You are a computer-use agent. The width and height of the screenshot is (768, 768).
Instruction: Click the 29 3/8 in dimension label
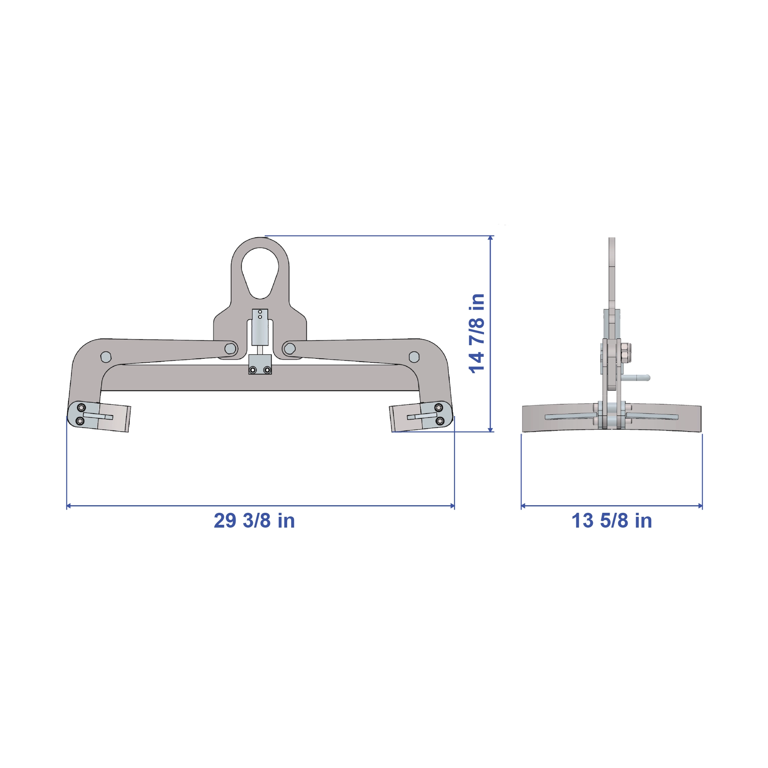(254, 521)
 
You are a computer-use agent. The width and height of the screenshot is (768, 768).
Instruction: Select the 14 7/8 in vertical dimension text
(477, 334)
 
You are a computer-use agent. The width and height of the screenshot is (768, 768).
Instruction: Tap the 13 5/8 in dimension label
(612, 521)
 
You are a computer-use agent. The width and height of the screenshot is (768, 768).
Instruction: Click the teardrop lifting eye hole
(260, 273)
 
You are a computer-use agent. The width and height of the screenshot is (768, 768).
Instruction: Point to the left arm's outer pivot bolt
(106, 357)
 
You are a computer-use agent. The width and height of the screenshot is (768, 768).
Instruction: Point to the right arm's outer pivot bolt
(414, 357)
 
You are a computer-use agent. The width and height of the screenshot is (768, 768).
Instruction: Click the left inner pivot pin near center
(230, 348)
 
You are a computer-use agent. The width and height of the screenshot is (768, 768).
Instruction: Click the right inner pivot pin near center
(290, 348)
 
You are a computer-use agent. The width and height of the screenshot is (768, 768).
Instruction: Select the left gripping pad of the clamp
(113, 418)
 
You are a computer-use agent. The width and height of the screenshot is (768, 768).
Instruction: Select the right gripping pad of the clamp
(406, 418)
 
